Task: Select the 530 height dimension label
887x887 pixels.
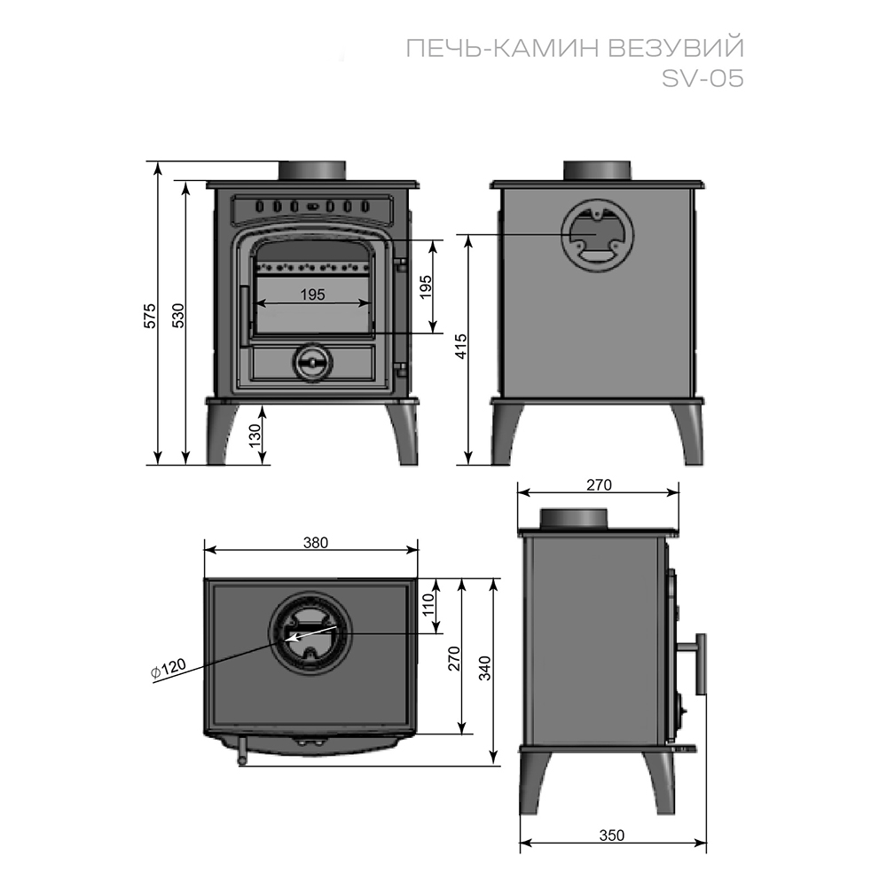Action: pyautogui.click(x=177, y=316)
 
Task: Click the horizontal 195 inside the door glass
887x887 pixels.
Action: pyautogui.click(x=312, y=294)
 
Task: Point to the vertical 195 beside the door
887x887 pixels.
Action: pyautogui.click(x=426, y=286)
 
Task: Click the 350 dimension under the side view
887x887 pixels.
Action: pyautogui.click(x=612, y=835)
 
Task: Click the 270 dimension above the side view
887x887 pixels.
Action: pyautogui.click(x=599, y=484)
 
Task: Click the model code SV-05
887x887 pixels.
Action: pyautogui.click(x=702, y=78)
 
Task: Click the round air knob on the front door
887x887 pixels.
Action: pyautogui.click(x=311, y=360)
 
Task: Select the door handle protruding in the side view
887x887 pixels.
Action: pyautogui.click(x=700, y=664)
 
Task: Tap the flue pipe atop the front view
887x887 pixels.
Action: pyautogui.click(x=312, y=170)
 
